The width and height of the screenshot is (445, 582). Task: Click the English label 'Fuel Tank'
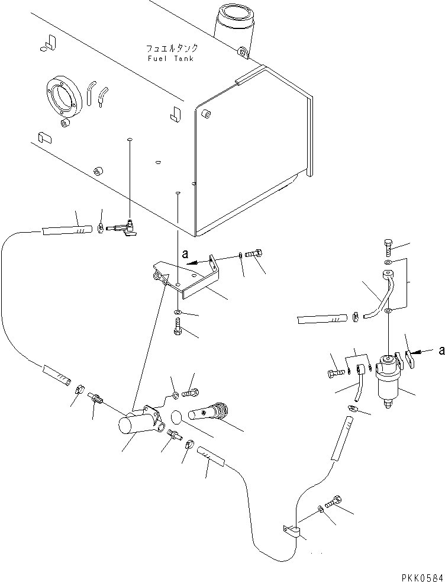170,59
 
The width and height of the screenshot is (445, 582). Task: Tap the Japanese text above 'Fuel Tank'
172,49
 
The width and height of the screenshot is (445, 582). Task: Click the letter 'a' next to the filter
441,351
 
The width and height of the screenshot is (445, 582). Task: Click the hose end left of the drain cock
66,227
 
